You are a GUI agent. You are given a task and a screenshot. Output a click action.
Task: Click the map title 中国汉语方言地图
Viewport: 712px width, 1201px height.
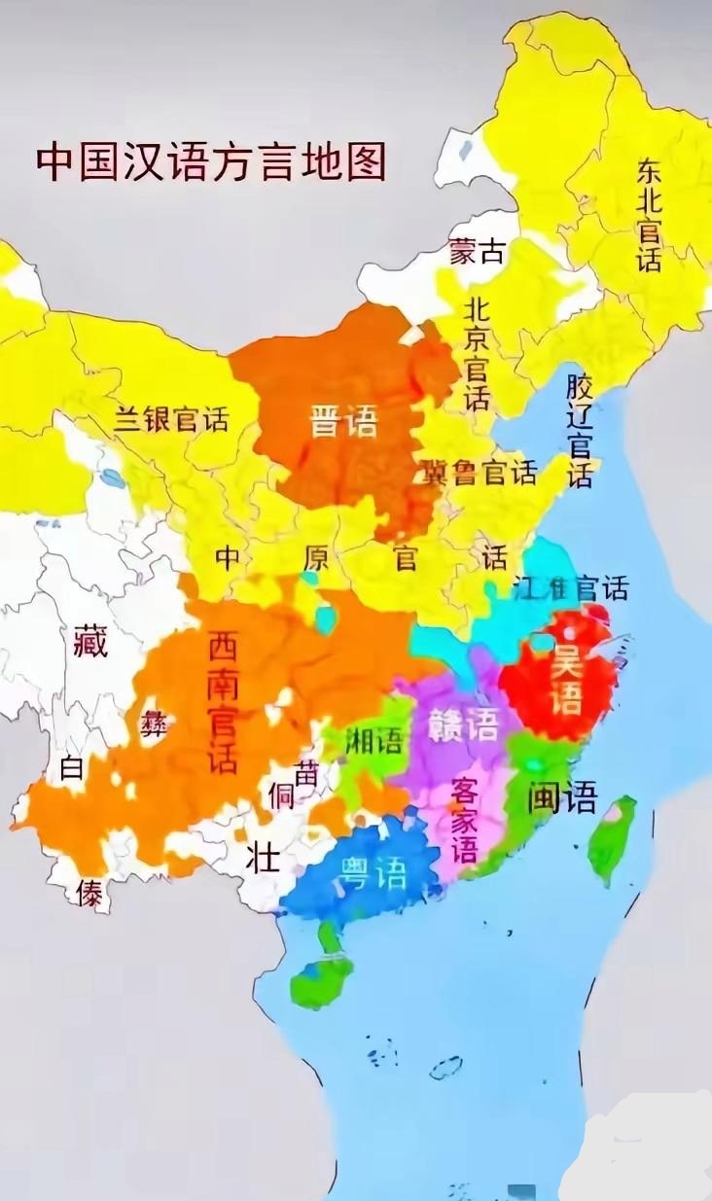211,162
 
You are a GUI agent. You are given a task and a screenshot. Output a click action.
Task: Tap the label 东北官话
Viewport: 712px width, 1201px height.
649,216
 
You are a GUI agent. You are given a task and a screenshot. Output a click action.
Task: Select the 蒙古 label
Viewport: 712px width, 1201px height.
477,251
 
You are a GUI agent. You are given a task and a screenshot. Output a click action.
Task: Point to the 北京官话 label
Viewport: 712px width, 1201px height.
477,354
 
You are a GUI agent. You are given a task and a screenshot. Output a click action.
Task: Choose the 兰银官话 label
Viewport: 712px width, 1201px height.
171,419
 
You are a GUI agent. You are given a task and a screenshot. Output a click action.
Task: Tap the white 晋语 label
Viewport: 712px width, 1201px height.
342,422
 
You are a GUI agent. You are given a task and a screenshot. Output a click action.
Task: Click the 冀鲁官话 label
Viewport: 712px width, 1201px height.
479,473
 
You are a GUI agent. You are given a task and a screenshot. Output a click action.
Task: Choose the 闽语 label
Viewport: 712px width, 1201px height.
562,796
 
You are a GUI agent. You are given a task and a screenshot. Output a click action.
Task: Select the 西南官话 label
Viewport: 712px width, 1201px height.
223,701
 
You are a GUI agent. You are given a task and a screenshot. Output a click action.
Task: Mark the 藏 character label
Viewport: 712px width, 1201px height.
90,642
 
